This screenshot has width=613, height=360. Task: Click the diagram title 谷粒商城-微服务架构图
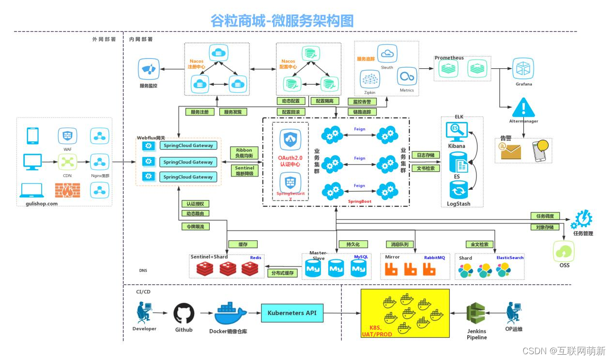pos(282,20)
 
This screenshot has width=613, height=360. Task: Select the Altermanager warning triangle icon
pos(523,107)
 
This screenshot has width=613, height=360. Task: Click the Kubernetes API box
pos(291,313)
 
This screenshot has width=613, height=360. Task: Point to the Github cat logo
pos(184,314)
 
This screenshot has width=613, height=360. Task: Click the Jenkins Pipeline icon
pos(476,314)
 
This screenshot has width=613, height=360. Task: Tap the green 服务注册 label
pos(199,112)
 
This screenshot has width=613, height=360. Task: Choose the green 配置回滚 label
pos(291,112)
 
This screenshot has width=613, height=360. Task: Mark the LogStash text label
pos(458,204)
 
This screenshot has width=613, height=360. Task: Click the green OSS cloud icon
pos(564,251)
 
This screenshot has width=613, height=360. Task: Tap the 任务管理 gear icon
pos(582,220)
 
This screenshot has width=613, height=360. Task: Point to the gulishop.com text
pos(42,204)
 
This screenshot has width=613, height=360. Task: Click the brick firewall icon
pos(67,190)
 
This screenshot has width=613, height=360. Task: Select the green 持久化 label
pos(346,244)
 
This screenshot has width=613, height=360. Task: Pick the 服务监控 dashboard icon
pos(148,69)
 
